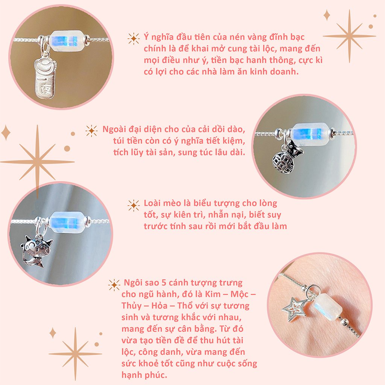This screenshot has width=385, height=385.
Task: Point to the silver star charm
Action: (294, 309)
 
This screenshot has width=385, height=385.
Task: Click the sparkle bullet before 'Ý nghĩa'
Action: (133, 38)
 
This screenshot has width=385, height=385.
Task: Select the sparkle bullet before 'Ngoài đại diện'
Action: (91, 130)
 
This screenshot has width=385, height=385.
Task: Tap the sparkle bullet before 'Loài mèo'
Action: (133, 205)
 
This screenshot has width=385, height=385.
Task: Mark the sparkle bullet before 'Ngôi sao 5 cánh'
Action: (114, 285)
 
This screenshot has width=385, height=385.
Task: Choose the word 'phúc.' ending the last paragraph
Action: (150, 375)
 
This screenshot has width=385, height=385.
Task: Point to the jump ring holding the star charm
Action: (311, 291)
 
